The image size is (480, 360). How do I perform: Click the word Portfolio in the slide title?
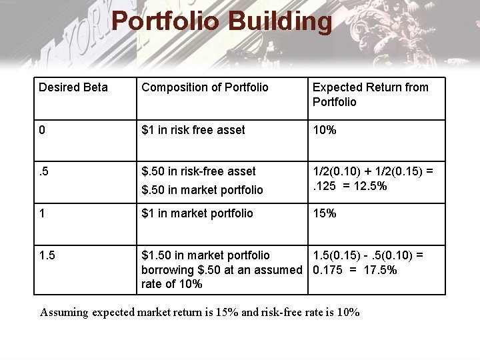coord(166,21)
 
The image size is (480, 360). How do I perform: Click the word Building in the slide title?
coord(279,21)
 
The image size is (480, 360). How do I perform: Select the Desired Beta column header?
coord(73,87)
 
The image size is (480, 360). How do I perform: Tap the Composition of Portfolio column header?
coord(205,87)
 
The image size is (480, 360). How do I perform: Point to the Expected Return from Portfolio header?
coord(370,94)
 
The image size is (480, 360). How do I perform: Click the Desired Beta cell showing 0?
coord(42,130)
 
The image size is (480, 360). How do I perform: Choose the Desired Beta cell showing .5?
coord(45,171)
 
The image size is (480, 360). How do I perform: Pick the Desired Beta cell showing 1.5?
coord(47,255)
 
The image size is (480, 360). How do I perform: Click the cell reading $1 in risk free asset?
coord(193,130)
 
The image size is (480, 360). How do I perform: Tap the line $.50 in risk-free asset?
coord(199,171)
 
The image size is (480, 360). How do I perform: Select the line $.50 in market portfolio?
coord(202,190)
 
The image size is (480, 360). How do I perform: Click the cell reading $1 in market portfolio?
coord(197,213)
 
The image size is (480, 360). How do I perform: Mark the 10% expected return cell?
coord(325,130)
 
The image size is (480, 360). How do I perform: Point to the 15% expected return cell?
coord(325,213)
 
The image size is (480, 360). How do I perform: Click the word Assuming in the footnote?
coord(65,312)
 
